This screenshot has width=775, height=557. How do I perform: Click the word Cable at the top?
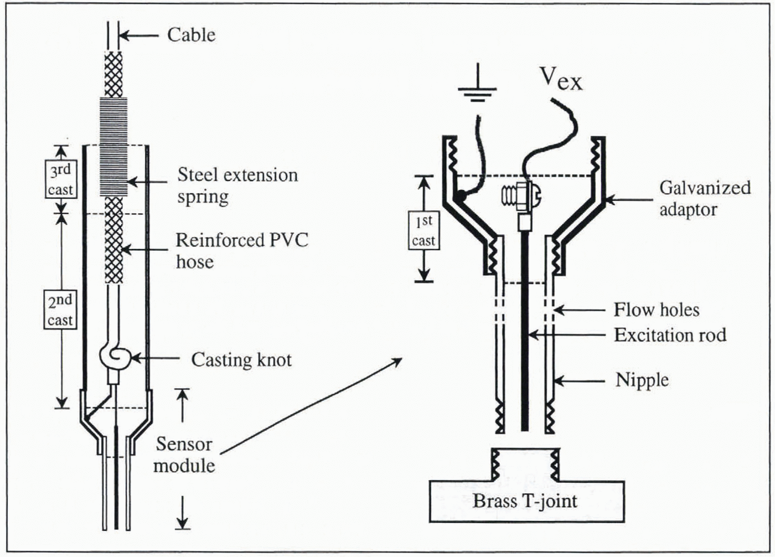click(191, 35)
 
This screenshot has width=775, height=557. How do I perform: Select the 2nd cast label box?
click(60, 310)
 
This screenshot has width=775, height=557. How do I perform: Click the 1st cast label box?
click(423, 230)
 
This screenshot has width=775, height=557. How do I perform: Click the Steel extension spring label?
click(237, 185)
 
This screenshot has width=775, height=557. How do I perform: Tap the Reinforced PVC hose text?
click(241, 250)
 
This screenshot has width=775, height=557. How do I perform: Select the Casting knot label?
click(241, 360)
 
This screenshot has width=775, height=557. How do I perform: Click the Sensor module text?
click(184, 455)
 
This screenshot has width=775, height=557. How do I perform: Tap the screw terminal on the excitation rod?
click(520, 195)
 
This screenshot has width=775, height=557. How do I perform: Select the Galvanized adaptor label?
click(704, 198)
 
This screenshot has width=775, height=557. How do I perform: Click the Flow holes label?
click(656, 310)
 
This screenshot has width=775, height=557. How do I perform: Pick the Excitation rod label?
click(670, 335)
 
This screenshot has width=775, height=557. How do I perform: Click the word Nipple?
click(642, 380)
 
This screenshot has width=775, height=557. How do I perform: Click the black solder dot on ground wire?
click(461, 195)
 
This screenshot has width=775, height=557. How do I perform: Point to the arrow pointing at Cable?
click(138, 36)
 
